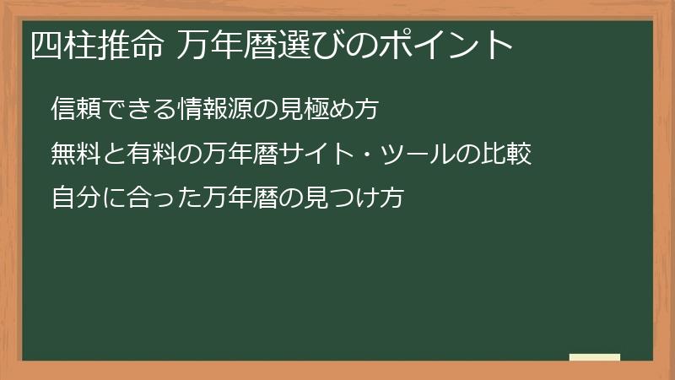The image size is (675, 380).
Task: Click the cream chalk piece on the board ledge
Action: [x=595, y=357]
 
